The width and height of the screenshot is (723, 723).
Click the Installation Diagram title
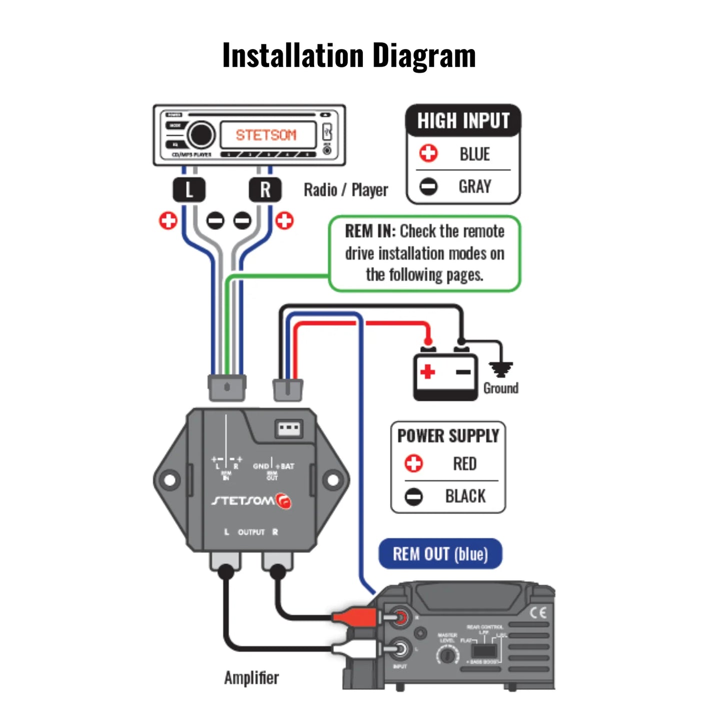click(x=349, y=55)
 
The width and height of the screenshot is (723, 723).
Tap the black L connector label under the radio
click(x=189, y=190)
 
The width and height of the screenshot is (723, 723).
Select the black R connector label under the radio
click(x=265, y=190)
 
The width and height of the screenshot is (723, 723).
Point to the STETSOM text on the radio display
click(x=266, y=135)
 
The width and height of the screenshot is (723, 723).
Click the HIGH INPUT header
click(x=463, y=121)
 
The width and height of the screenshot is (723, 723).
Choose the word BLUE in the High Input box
click(x=475, y=154)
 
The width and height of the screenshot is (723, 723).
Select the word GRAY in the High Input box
click(x=475, y=187)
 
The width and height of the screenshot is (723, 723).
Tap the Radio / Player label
click(x=346, y=190)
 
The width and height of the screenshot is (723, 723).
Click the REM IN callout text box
click(x=424, y=253)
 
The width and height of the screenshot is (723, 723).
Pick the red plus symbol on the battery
click(x=427, y=372)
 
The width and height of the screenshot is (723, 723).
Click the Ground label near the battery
click(x=501, y=388)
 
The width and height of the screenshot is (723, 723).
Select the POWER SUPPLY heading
click(x=448, y=436)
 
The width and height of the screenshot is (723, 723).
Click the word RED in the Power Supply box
click(x=465, y=464)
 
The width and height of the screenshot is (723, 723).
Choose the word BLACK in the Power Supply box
click(x=465, y=496)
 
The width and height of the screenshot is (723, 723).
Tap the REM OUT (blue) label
click(x=440, y=554)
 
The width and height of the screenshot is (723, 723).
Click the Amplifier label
click(x=251, y=678)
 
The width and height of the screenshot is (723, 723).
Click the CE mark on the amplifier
click(x=538, y=612)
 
